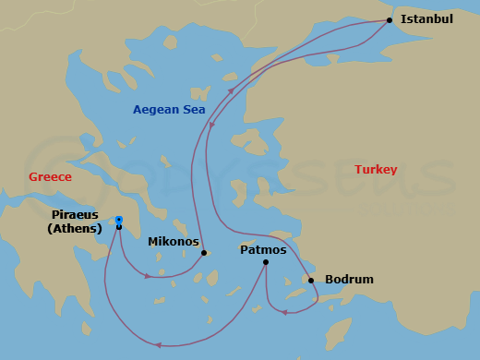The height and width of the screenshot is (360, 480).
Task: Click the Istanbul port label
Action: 426,18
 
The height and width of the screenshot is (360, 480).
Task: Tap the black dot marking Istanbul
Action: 390,20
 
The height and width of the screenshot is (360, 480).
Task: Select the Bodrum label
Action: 349,280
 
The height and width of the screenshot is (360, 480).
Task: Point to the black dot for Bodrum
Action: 311,281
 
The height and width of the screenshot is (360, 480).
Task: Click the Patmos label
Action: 264,249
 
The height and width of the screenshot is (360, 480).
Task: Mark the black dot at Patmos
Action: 265,262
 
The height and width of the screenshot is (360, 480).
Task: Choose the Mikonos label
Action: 174,242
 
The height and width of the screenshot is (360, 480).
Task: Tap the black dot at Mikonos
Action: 204,252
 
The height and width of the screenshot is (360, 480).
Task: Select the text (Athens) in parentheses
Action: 75,229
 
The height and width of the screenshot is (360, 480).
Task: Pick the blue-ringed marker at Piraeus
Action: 119,220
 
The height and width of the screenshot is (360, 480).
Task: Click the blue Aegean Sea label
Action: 169,110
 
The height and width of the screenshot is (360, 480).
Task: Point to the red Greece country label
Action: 50,177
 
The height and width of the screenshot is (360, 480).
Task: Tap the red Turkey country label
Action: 376,170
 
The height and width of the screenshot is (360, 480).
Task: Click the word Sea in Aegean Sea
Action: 193,110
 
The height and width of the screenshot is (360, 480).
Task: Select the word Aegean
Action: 156,110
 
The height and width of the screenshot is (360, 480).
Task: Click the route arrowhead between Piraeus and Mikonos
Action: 147,276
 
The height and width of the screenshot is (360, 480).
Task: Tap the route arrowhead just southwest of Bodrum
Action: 284,312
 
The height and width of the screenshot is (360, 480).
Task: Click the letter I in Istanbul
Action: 403,18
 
